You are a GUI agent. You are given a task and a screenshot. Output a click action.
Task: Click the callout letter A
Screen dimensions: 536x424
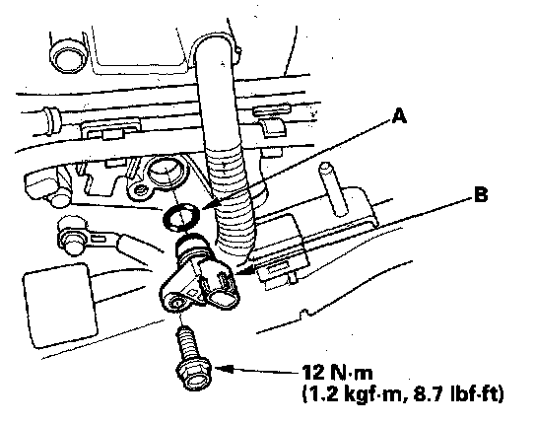click(x=399, y=115)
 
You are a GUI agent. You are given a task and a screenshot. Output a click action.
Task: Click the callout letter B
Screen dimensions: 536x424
click(x=480, y=195)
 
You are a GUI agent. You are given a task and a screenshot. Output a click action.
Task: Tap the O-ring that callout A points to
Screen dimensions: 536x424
click(x=182, y=217)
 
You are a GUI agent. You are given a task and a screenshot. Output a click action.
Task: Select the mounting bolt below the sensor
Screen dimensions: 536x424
click(x=192, y=357)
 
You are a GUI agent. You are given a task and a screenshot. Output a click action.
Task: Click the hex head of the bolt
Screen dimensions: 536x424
click(x=194, y=376)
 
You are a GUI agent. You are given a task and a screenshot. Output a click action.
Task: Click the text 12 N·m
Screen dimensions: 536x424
click(x=337, y=372)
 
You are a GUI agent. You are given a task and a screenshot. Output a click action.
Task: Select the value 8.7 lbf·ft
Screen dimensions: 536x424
click(x=458, y=394)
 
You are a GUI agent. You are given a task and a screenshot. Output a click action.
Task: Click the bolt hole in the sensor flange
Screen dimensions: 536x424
click(x=177, y=303)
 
